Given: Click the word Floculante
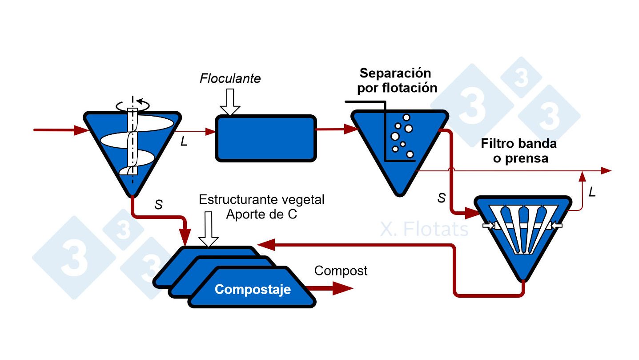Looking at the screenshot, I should (230, 79).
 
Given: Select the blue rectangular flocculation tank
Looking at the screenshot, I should (266, 138).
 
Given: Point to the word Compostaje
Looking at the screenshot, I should (253, 290).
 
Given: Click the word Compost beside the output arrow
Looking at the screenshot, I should (341, 271).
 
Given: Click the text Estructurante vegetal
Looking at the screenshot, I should (261, 199).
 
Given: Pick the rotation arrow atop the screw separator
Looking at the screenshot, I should (133, 105).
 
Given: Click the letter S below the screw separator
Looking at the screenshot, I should (158, 205).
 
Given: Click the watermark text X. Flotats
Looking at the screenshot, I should (424, 230).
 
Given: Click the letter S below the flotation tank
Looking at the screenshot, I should (441, 198).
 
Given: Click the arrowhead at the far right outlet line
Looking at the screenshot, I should (606, 170).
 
